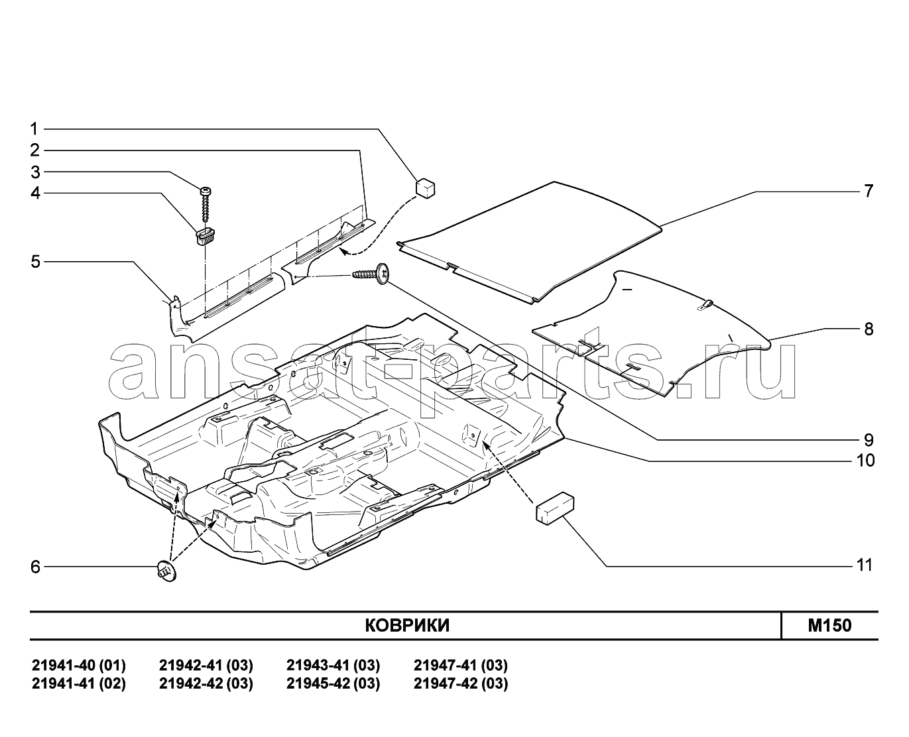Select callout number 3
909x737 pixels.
(35, 172)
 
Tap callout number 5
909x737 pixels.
(35, 262)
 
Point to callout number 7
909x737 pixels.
(869, 191)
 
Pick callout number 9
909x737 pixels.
(869, 439)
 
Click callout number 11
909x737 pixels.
(865, 565)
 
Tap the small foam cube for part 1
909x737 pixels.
(425, 188)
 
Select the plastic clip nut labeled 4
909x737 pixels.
(206, 237)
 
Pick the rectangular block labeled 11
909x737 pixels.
(555, 508)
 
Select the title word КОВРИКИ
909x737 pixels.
(407, 626)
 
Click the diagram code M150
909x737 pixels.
(829, 626)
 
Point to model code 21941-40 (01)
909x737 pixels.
(79, 665)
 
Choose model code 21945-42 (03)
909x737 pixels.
(333, 684)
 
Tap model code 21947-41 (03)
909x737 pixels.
(461, 665)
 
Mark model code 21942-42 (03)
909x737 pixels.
(206, 684)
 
